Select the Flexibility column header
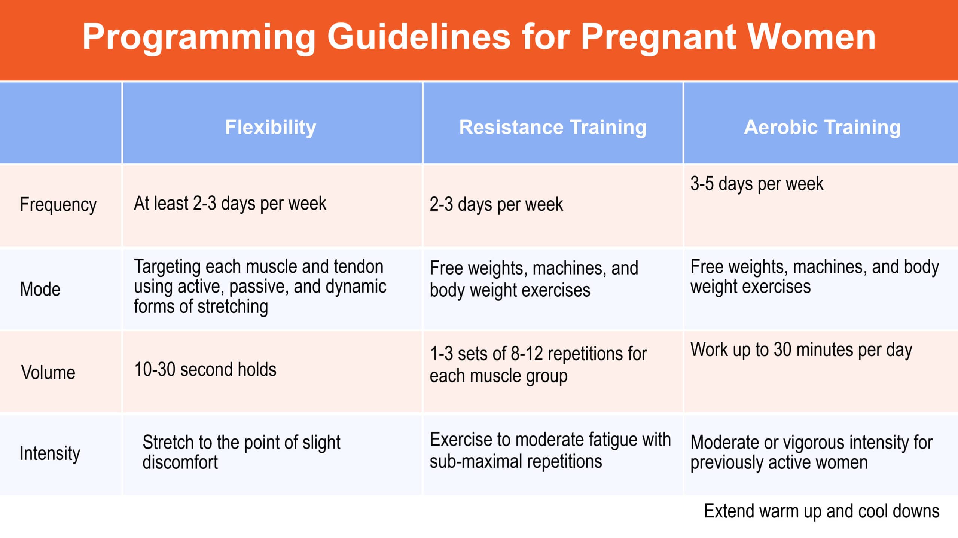click(x=271, y=127)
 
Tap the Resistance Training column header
click(x=553, y=127)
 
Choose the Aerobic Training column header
click(x=822, y=127)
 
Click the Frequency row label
click(x=58, y=205)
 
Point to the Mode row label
click(x=40, y=289)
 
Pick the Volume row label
click(x=48, y=372)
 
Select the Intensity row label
click(x=50, y=453)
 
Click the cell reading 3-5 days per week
click(x=757, y=184)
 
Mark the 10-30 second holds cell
click(x=205, y=369)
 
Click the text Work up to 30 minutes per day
click(x=801, y=350)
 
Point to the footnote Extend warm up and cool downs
click(x=821, y=511)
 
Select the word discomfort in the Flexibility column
click(x=180, y=462)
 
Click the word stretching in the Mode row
click(x=233, y=307)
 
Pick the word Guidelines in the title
click(x=419, y=37)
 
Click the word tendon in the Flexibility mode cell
click(x=359, y=267)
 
